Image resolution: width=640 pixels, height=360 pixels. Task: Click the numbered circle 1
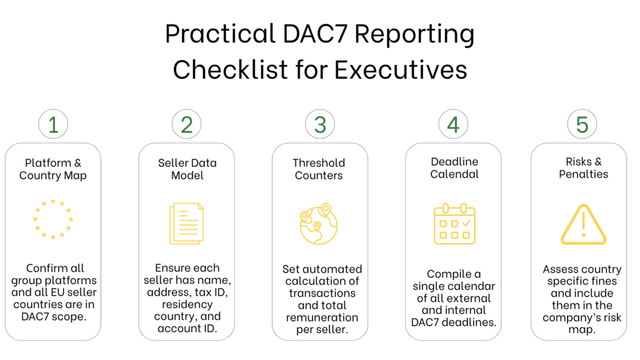(53, 125)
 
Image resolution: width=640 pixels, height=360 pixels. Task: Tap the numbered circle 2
(186, 125)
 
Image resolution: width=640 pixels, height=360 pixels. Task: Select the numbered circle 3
(319, 125)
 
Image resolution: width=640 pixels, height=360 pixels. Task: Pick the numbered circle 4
(453, 125)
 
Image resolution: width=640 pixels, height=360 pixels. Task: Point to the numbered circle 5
(582, 125)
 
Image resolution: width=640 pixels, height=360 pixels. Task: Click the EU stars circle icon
(53, 219)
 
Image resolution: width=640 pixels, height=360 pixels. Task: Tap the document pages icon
(186, 223)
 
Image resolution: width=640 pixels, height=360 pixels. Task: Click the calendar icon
(454, 224)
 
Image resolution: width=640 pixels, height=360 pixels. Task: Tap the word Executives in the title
(401, 69)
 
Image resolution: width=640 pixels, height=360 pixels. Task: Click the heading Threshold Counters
(319, 169)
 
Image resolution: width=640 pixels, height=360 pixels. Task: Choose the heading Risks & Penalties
(582, 168)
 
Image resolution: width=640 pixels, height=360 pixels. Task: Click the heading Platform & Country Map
(53, 169)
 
